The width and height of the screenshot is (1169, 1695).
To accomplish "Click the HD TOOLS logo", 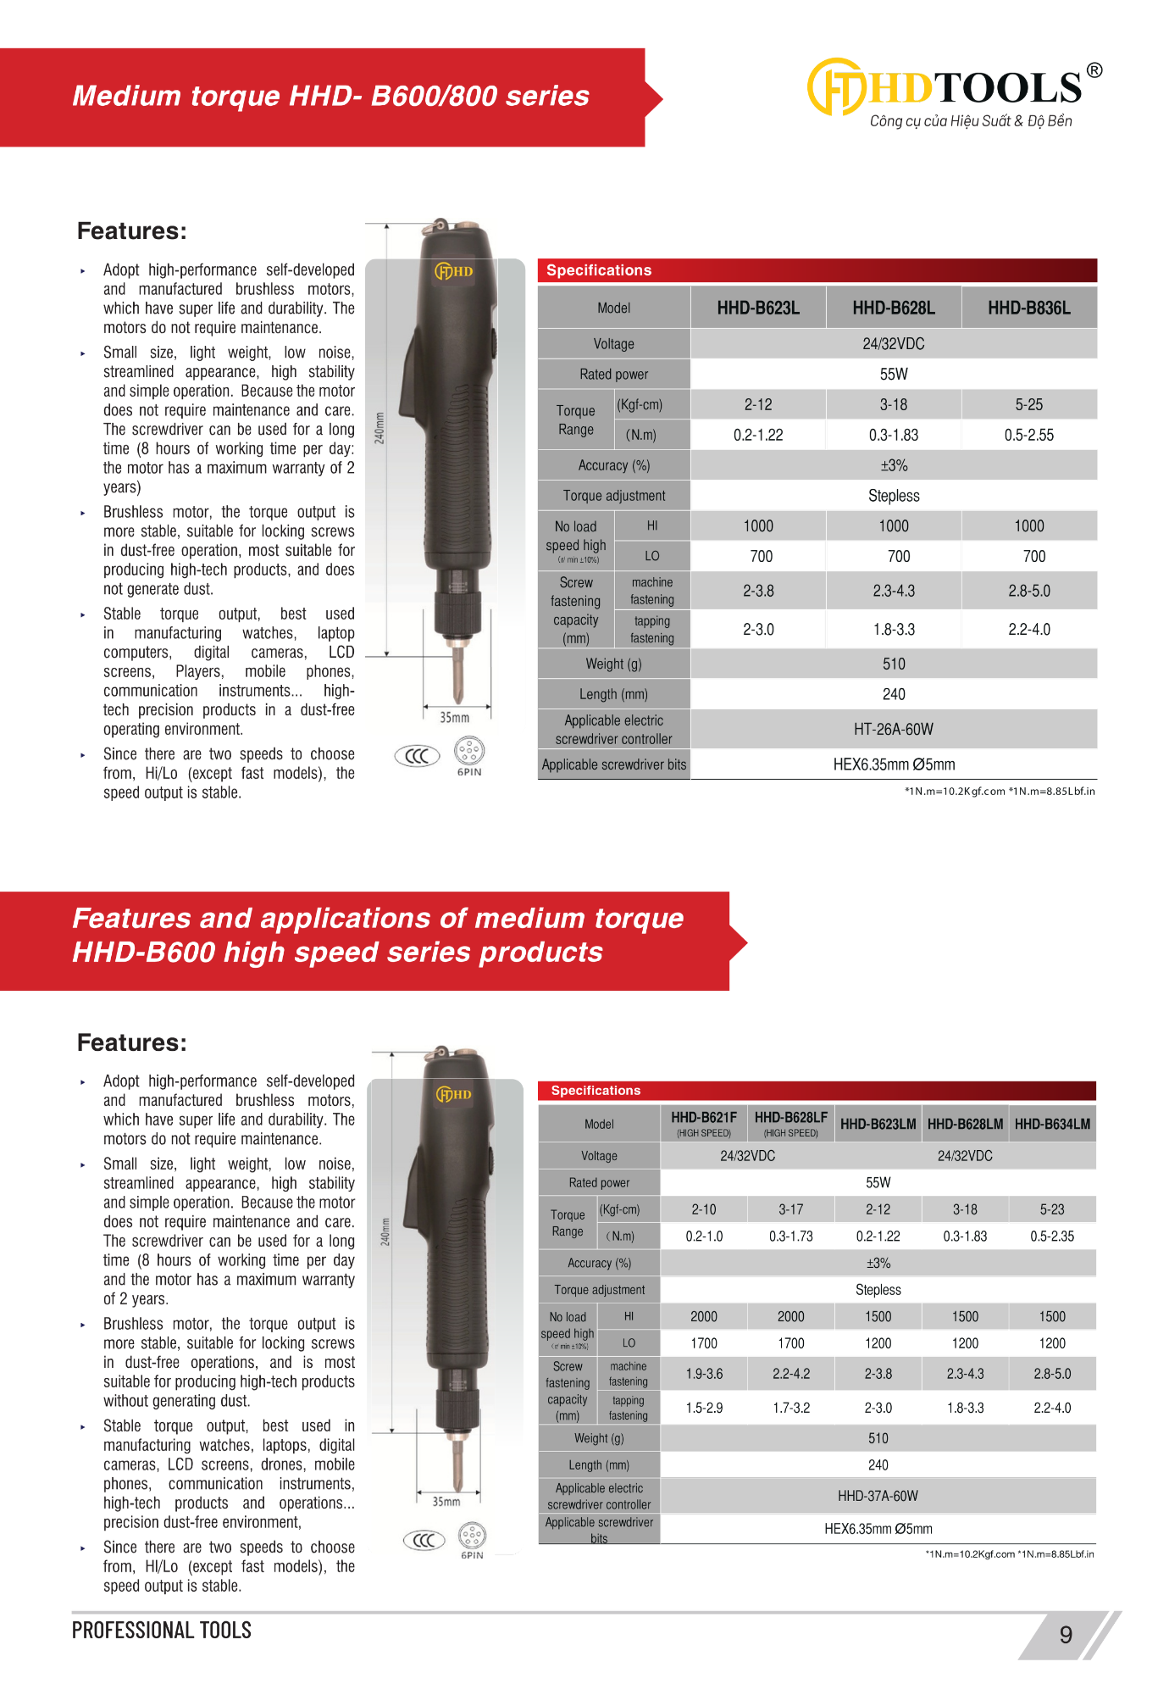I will (x=954, y=92).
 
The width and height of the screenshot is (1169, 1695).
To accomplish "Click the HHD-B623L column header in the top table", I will (x=758, y=308).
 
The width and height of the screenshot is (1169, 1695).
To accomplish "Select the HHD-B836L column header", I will (x=1028, y=308).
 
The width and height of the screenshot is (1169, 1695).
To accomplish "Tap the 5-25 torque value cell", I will (x=1028, y=405).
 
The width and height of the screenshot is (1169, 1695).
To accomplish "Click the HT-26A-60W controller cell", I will (x=893, y=730).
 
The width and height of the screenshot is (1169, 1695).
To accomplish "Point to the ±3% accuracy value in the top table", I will (x=893, y=466).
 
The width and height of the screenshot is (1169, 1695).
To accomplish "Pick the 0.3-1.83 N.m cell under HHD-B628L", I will (x=893, y=436).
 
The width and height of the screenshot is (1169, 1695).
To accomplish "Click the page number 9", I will (x=1066, y=1635).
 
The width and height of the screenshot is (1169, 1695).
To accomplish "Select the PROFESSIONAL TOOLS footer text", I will (x=162, y=1631).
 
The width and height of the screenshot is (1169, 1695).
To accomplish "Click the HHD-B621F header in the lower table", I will (x=703, y=1119).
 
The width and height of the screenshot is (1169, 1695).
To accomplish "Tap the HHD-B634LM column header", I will (x=1052, y=1125).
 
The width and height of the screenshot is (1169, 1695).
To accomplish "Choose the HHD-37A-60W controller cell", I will (x=878, y=1497).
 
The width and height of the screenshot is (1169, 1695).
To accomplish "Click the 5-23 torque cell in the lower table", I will (x=1052, y=1210).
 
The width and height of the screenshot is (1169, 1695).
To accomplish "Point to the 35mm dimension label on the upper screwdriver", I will (x=455, y=718).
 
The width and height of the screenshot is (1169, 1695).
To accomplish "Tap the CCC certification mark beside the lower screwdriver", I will (x=424, y=1540).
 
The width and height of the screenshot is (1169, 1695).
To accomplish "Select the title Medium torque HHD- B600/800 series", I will (x=330, y=97).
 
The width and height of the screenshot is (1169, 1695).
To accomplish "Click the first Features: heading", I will (x=132, y=231).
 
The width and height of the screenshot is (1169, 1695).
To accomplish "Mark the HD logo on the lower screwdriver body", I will (x=454, y=1094).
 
